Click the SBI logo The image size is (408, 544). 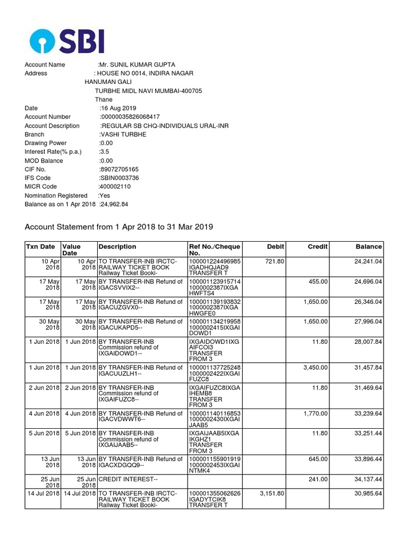pos(67,41)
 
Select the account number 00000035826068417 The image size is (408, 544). pos(130,117)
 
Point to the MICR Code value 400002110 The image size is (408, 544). pos(115,186)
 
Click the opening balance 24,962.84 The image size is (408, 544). pos(114,204)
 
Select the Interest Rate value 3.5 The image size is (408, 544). pos(104,151)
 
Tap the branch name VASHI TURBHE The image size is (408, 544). pos(123,134)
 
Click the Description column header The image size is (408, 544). pos(117,246)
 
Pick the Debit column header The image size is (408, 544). pos(276,246)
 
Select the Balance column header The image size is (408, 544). pos(369,246)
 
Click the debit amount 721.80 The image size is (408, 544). pos(275,261)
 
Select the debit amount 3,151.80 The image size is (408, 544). pos(273,493)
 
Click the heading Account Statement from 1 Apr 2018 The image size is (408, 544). pos(119,227)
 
